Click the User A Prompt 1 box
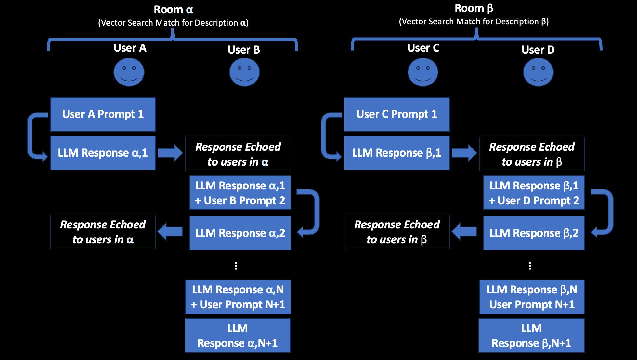[x=103, y=114]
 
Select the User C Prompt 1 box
[x=397, y=114]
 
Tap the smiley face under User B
[x=244, y=72]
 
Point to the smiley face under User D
[x=538, y=72]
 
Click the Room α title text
[x=173, y=10]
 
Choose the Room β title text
[x=474, y=8]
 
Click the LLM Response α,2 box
[x=240, y=233]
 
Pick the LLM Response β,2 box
[x=534, y=233]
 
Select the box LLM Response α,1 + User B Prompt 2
[x=240, y=193]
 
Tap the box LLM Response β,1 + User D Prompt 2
[x=534, y=193]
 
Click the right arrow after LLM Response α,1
[x=170, y=153]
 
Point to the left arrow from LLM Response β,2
[x=464, y=231]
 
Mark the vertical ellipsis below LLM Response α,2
[x=236, y=266]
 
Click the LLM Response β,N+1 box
[x=531, y=336]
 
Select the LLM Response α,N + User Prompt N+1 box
[x=238, y=297]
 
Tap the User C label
[x=423, y=48]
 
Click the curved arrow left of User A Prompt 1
[x=34, y=136]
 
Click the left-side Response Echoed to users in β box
[x=397, y=232]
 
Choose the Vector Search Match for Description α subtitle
[x=173, y=23]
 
